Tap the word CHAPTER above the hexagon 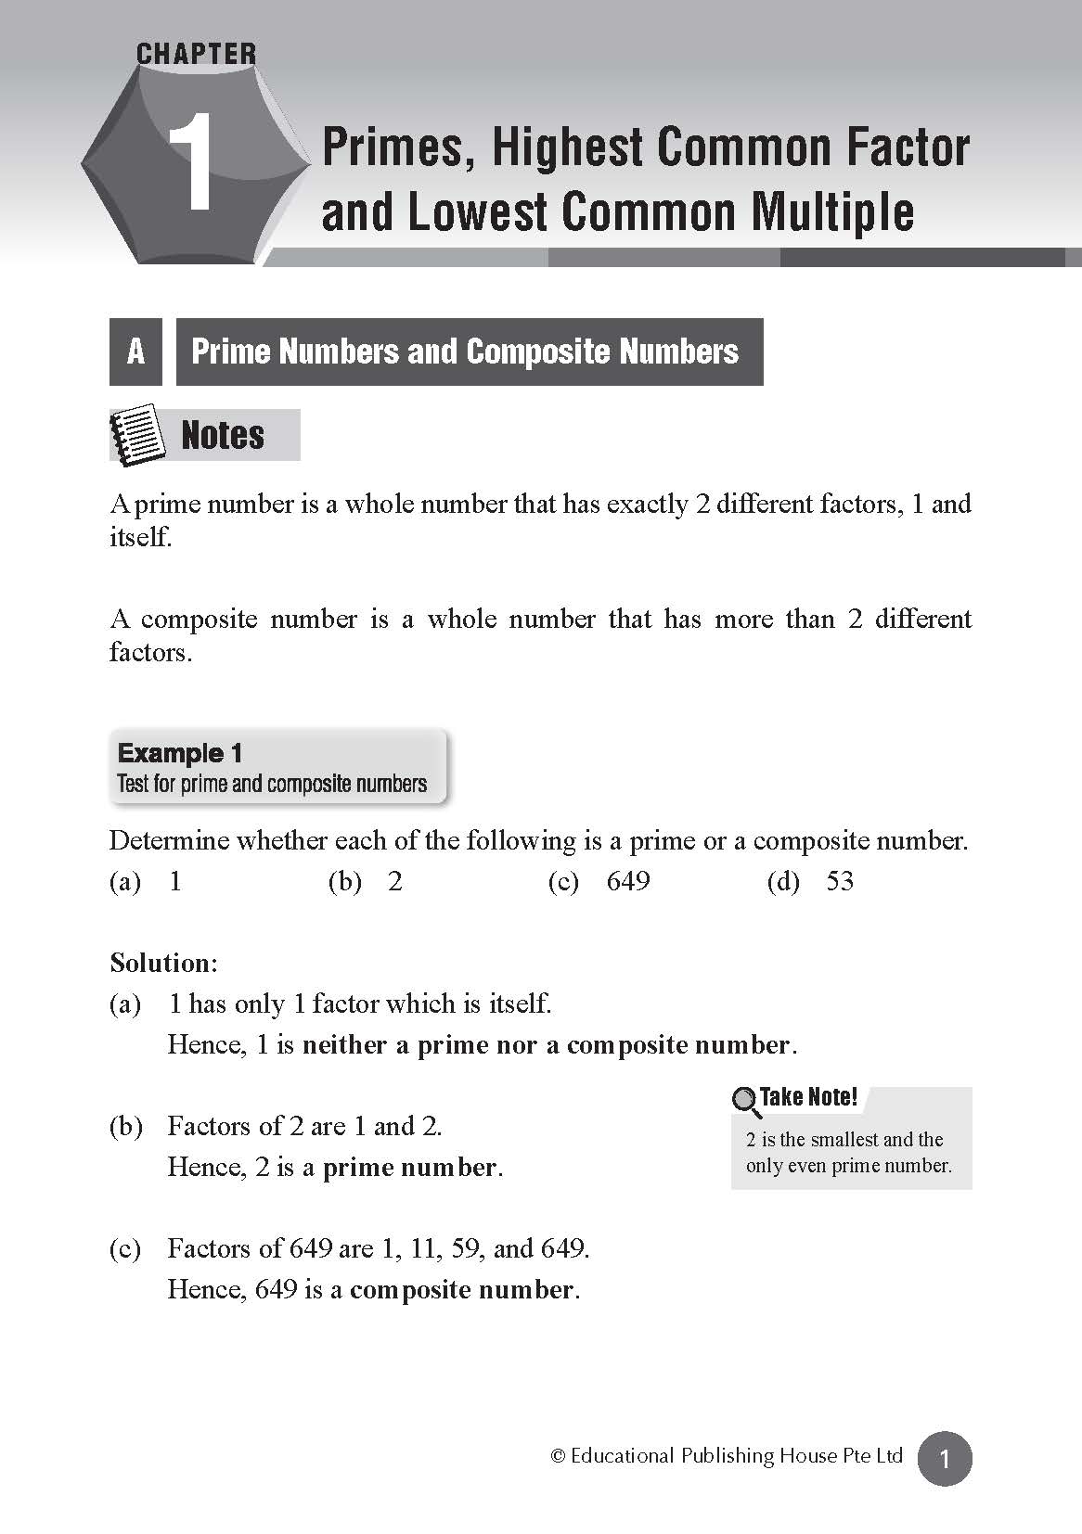pos(196,55)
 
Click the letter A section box pos(135,352)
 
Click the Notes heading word pos(223,435)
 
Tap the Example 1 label pos(180,753)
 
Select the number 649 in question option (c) pos(628,881)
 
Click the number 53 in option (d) pos(840,881)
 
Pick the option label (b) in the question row pos(344,881)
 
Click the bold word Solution pos(161,963)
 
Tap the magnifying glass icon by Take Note pos(745,1101)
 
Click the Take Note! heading pos(808,1097)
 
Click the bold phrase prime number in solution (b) pos(409,1167)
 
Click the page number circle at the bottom pos(945,1459)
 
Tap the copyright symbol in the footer pos(558,1457)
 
